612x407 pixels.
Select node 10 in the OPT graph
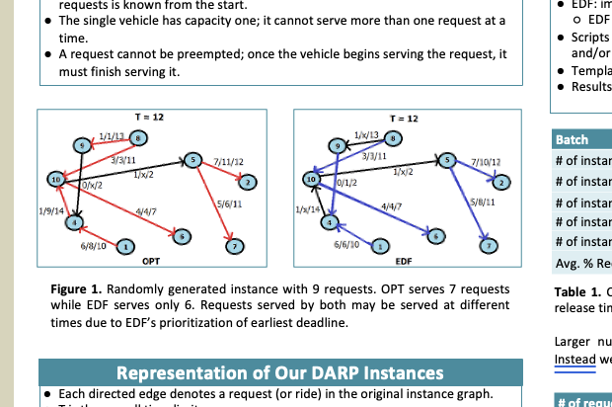[56, 179]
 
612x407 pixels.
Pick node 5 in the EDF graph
[448, 160]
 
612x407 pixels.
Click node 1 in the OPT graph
[126, 246]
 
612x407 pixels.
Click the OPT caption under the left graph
[151, 262]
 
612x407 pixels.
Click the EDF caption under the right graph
[403, 262]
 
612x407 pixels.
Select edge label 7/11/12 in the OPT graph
[228, 161]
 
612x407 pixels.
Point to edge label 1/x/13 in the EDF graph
[366, 132]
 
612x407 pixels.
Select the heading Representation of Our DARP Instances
[279, 372]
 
